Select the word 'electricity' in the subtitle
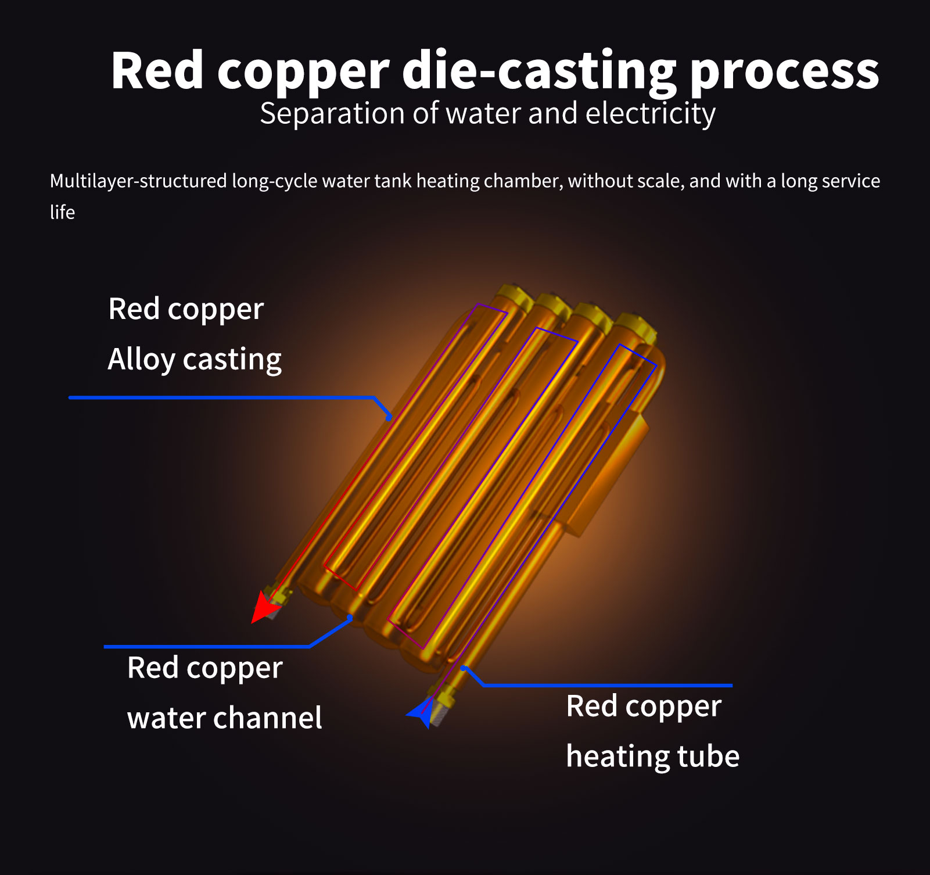point(650,113)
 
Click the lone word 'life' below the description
point(62,213)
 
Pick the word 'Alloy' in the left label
point(141,360)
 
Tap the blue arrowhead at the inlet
point(421,714)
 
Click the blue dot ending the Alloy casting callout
point(389,417)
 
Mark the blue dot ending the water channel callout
point(350,618)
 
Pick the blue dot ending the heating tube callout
point(464,669)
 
